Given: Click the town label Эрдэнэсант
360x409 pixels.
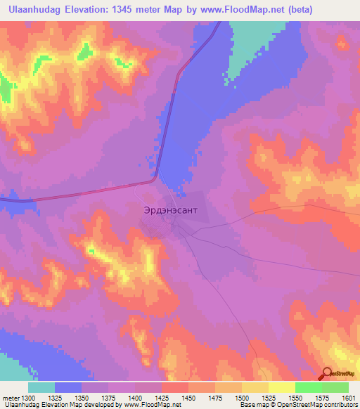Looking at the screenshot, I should click(166, 209).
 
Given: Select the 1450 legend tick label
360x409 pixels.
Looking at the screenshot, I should click(188, 397).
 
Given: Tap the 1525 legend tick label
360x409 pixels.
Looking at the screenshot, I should click(268, 397).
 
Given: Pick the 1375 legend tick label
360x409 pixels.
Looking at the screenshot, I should click(108, 397).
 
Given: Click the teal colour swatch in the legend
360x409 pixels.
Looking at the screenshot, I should click(41, 387).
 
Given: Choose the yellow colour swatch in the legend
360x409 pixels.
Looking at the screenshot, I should click(281, 387).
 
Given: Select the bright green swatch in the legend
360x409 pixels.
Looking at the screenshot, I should click(308, 387).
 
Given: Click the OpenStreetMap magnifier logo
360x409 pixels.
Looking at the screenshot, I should click(328, 375).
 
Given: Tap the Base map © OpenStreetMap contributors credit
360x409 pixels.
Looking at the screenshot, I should click(298, 405).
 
